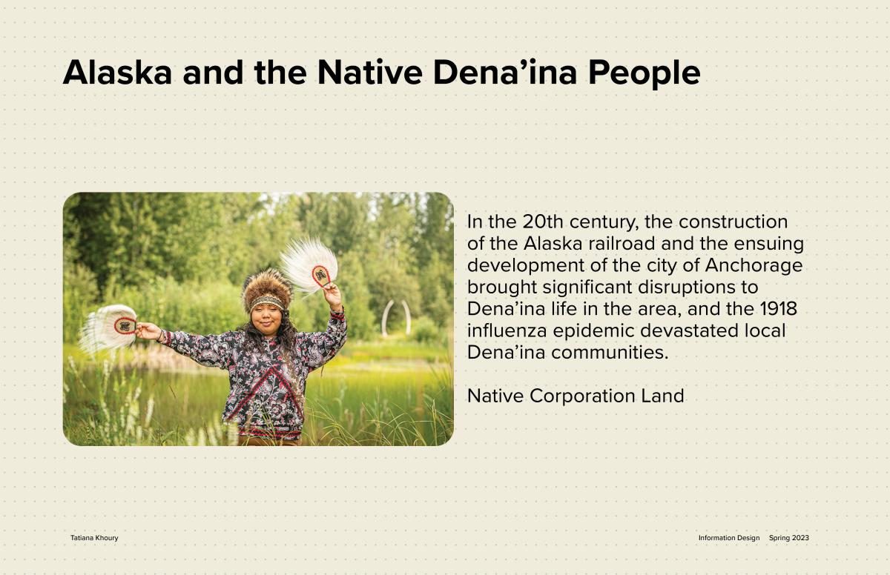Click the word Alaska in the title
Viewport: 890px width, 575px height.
tap(117, 72)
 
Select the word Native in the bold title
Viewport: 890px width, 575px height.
tap(369, 72)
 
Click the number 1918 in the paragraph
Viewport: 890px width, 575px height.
tap(778, 309)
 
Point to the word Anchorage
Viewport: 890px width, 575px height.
tap(754, 266)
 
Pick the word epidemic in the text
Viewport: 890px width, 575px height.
tap(593, 331)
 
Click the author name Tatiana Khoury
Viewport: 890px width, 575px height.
tap(94, 538)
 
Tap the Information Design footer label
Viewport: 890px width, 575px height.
tap(728, 538)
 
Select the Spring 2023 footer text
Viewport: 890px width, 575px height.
tap(788, 538)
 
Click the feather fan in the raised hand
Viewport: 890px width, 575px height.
tap(309, 265)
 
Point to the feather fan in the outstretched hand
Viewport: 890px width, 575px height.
tap(108, 328)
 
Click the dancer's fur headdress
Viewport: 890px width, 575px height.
tap(266, 289)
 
